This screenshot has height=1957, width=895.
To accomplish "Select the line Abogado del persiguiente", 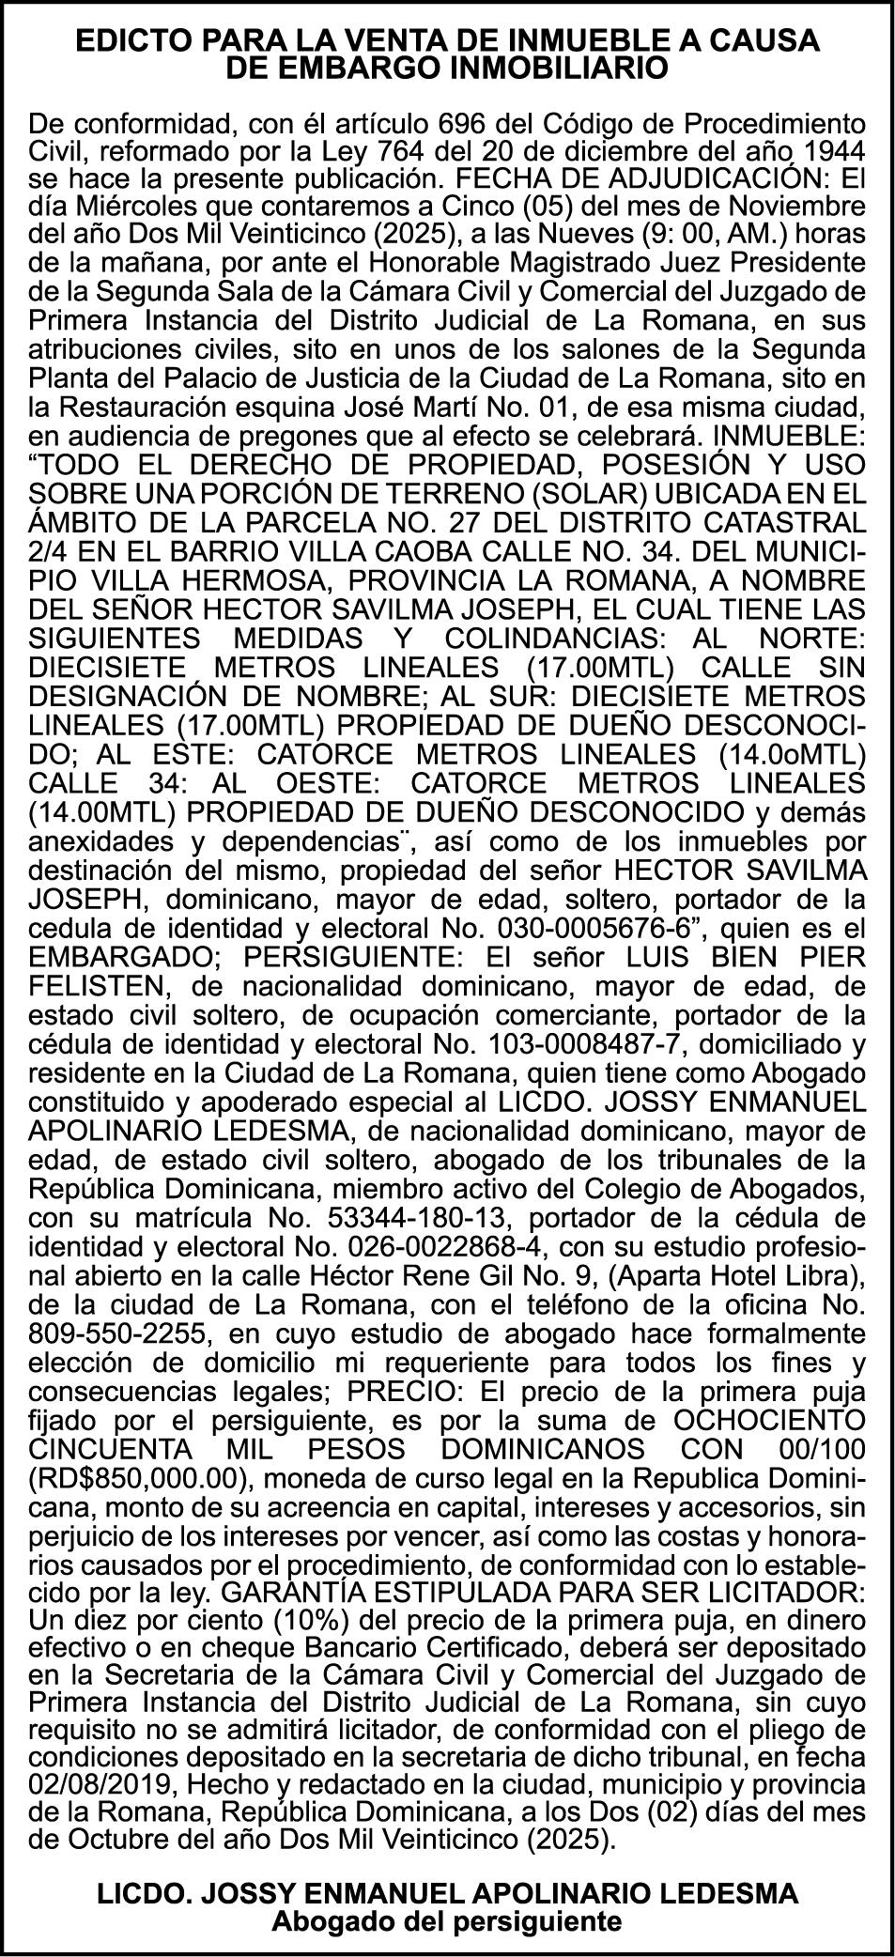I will (447, 1920).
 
